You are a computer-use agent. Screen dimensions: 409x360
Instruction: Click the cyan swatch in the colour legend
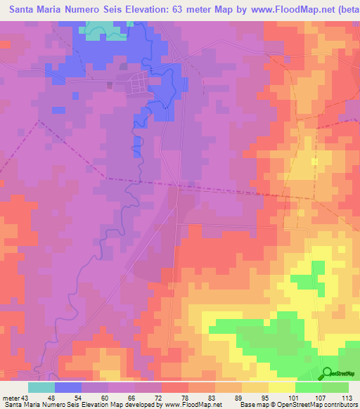(x=41, y=388)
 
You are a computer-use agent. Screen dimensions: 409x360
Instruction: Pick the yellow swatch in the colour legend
(x=281, y=388)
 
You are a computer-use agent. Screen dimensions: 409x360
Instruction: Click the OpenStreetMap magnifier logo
(x=327, y=373)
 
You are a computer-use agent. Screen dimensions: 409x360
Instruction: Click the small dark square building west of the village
(x=109, y=85)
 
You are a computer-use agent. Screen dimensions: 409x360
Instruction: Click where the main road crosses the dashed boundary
(x=178, y=187)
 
